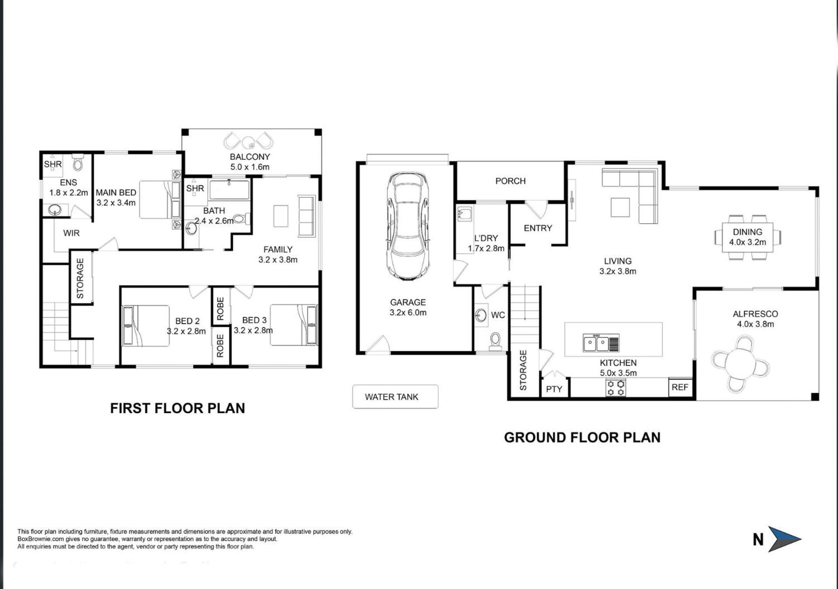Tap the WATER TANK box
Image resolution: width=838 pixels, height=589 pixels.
(395, 397)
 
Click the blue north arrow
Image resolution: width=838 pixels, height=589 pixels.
(784, 539)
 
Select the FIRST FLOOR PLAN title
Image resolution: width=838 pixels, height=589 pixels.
(177, 408)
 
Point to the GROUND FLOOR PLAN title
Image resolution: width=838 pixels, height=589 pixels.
(582, 438)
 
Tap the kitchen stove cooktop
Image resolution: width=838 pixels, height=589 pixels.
(615, 388)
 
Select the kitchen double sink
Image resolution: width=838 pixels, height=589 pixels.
(601, 343)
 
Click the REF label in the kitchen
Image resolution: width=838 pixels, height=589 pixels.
(680, 387)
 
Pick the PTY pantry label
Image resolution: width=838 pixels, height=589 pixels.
(554, 389)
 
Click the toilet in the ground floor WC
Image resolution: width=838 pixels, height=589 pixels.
(496, 342)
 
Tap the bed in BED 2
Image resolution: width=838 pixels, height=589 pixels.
(146, 326)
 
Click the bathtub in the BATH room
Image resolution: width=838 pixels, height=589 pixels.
(229, 190)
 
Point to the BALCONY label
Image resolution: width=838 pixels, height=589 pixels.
(250, 157)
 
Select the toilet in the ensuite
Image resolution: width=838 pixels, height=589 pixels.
(78, 162)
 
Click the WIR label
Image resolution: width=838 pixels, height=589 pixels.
(71, 233)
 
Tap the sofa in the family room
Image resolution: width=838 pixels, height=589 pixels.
(306, 216)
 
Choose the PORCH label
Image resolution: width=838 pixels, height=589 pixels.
(510, 181)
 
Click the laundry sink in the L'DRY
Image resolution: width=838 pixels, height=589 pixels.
(464, 214)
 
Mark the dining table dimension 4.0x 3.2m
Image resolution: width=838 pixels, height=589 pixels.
(747, 242)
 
